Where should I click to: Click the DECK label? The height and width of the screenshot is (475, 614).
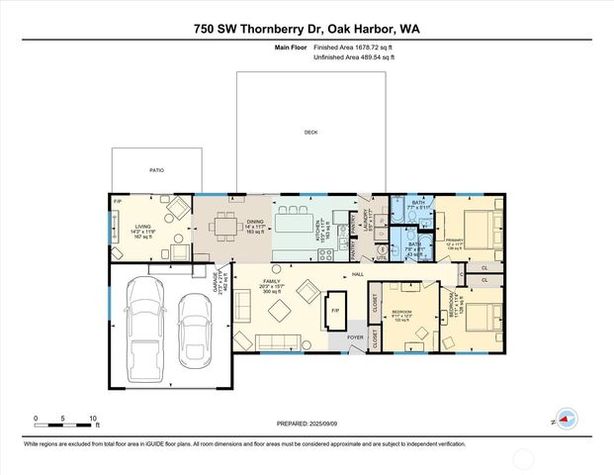tap(310, 132)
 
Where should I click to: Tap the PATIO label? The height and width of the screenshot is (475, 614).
tap(156, 170)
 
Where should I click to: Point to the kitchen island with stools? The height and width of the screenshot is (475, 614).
tap(294, 223)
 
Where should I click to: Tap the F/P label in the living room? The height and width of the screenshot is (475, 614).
tap(118, 203)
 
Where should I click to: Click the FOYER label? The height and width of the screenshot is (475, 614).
tap(355, 336)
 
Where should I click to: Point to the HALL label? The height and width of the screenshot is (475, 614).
tap(358, 275)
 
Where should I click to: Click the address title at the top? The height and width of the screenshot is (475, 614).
tap(307, 30)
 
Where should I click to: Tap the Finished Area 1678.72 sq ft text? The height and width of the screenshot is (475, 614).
tap(353, 47)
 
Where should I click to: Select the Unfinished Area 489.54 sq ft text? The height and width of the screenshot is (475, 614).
tap(353, 58)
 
